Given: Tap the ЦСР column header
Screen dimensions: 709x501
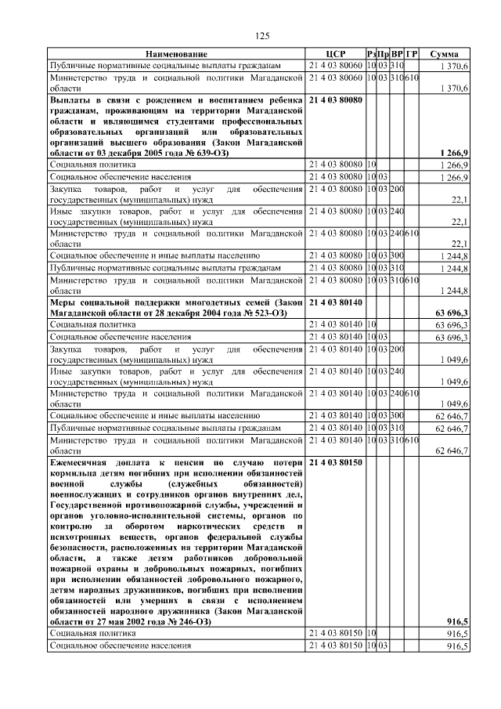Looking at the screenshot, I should tap(335, 53).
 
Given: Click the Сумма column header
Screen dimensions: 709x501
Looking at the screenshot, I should tap(445, 53).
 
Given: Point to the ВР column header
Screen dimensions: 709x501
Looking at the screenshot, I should tap(398, 53).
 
